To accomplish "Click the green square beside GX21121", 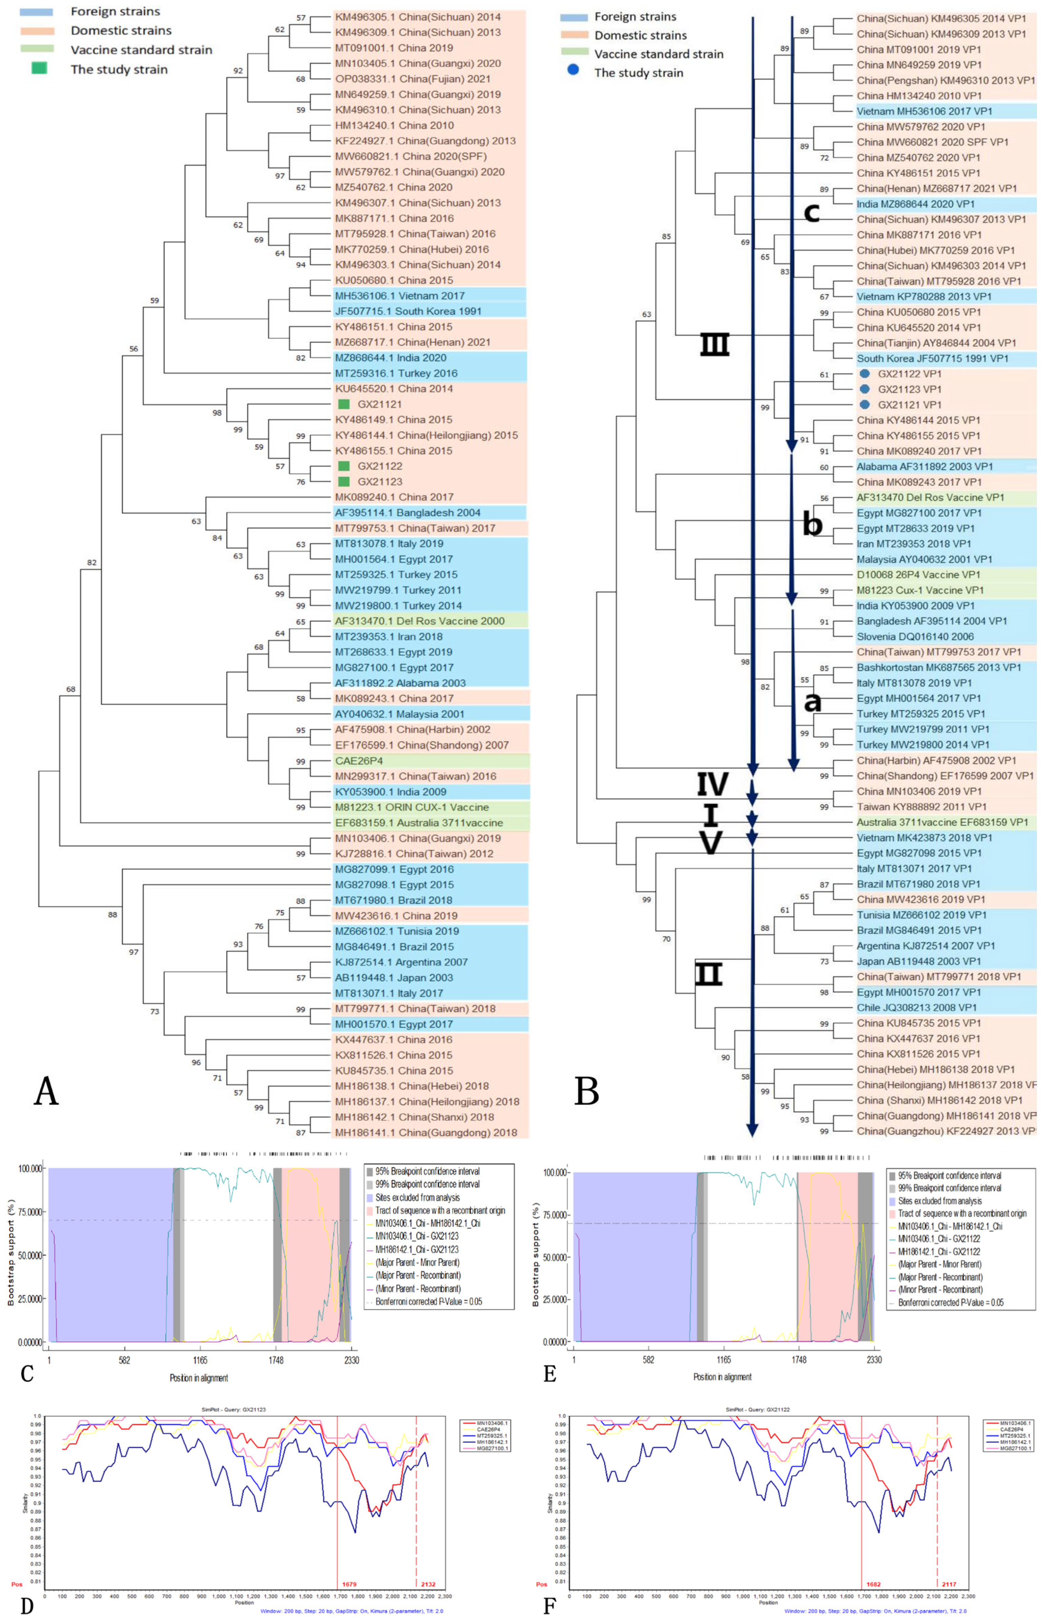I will (x=344, y=404).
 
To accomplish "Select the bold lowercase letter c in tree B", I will (x=811, y=213).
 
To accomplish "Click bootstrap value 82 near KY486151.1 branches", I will (x=300, y=358).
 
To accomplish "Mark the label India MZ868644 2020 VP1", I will (x=915, y=204).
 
